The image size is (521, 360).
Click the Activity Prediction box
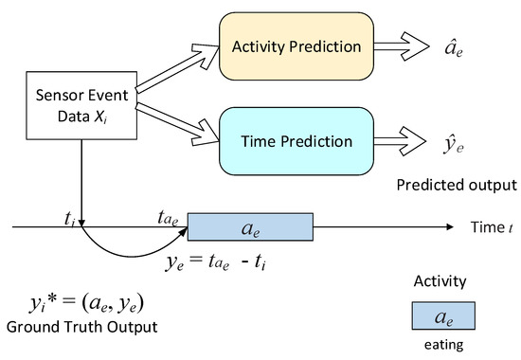click(x=296, y=46)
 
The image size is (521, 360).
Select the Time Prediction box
click(x=296, y=141)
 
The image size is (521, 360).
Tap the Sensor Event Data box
click(x=81, y=105)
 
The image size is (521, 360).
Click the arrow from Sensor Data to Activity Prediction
click(x=177, y=68)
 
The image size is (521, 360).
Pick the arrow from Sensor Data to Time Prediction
click(x=177, y=124)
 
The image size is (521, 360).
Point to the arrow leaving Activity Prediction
click(x=402, y=46)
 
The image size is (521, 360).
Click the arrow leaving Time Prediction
click(x=400, y=141)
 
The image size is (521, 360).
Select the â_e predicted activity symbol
click(x=454, y=48)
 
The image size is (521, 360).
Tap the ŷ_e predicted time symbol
click(x=453, y=145)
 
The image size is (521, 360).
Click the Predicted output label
click(x=457, y=185)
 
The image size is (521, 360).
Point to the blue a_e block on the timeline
click(x=250, y=227)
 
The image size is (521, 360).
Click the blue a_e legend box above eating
click(x=443, y=315)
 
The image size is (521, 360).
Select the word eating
click(x=444, y=345)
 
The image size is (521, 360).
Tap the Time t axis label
click(x=492, y=227)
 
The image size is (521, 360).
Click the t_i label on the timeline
click(x=69, y=219)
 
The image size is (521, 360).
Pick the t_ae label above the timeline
click(x=168, y=218)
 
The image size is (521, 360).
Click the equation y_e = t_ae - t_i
click(x=216, y=261)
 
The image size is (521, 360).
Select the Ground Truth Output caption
click(x=81, y=327)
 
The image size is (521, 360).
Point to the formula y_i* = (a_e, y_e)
click(x=86, y=303)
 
